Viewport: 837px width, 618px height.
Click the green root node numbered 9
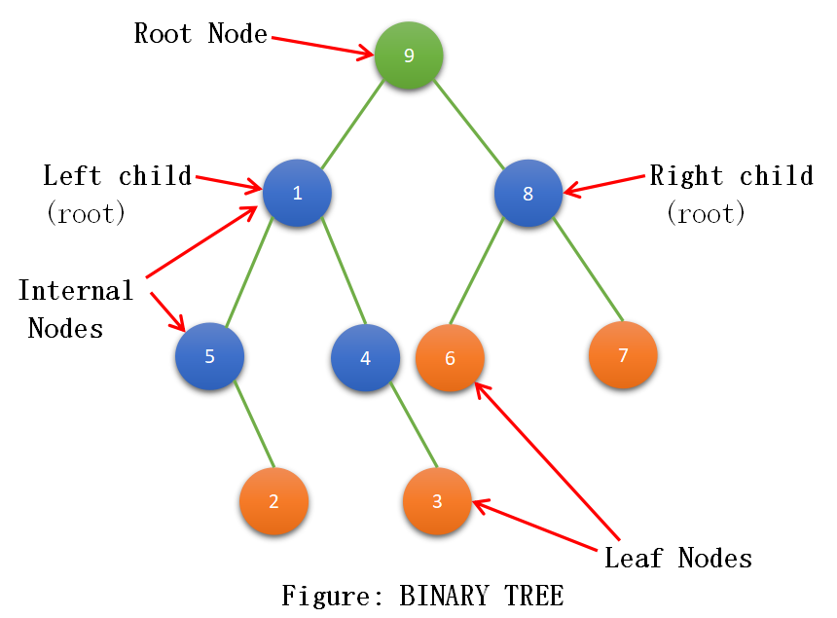[409, 55]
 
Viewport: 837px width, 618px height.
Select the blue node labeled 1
[297, 192]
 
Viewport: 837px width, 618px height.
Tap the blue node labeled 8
[528, 193]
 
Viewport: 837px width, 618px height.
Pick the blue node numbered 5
[209, 355]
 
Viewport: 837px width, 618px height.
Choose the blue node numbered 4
[365, 357]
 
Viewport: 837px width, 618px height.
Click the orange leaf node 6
[450, 357]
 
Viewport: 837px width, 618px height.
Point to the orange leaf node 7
[623, 354]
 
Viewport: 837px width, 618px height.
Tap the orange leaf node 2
[273, 501]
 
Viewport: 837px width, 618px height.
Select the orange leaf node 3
[437, 501]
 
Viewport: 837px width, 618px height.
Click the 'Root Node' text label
[200, 34]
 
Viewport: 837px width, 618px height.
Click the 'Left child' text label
[117, 176]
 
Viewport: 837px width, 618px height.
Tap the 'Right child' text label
[731, 176]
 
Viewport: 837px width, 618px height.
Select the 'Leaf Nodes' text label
[678, 559]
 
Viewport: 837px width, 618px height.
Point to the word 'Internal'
[76, 291]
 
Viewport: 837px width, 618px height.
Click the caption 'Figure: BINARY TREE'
[422, 595]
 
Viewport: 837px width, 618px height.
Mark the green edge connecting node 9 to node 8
[467, 123]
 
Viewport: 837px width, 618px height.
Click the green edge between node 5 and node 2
[254, 425]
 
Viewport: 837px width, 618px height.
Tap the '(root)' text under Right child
[707, 213]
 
